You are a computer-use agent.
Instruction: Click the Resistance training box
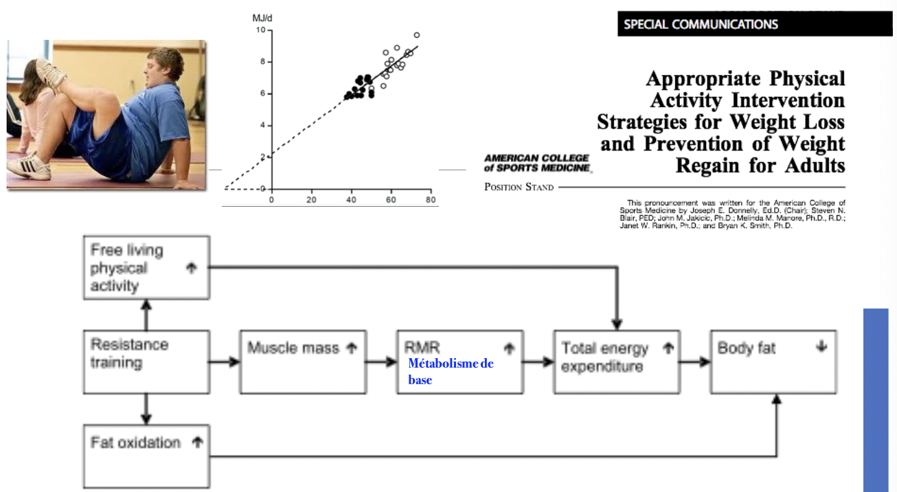pyautogui.click(x=146, y=361)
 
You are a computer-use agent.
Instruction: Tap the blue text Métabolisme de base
pyautogui.click(x=451, y=371)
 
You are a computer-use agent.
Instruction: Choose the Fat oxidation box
pyautogui.click(x=146, y=456)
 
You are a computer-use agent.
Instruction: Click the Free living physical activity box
pyautogui.click(x=146, y=267)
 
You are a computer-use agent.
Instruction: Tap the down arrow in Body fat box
pyautogui.click(x=820, y=347)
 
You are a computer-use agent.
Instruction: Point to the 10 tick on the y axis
pyautogui.click(x=260, y=30)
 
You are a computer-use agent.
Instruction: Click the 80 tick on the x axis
pyautogui.click(x=430, y=199)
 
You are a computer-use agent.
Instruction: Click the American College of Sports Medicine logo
pyautogui.click(x=536, y=163)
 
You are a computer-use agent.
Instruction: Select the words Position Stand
pyautogui.click(x=519, y=187)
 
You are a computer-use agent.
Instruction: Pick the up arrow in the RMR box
pyautogui.click(x=509, y=348)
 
